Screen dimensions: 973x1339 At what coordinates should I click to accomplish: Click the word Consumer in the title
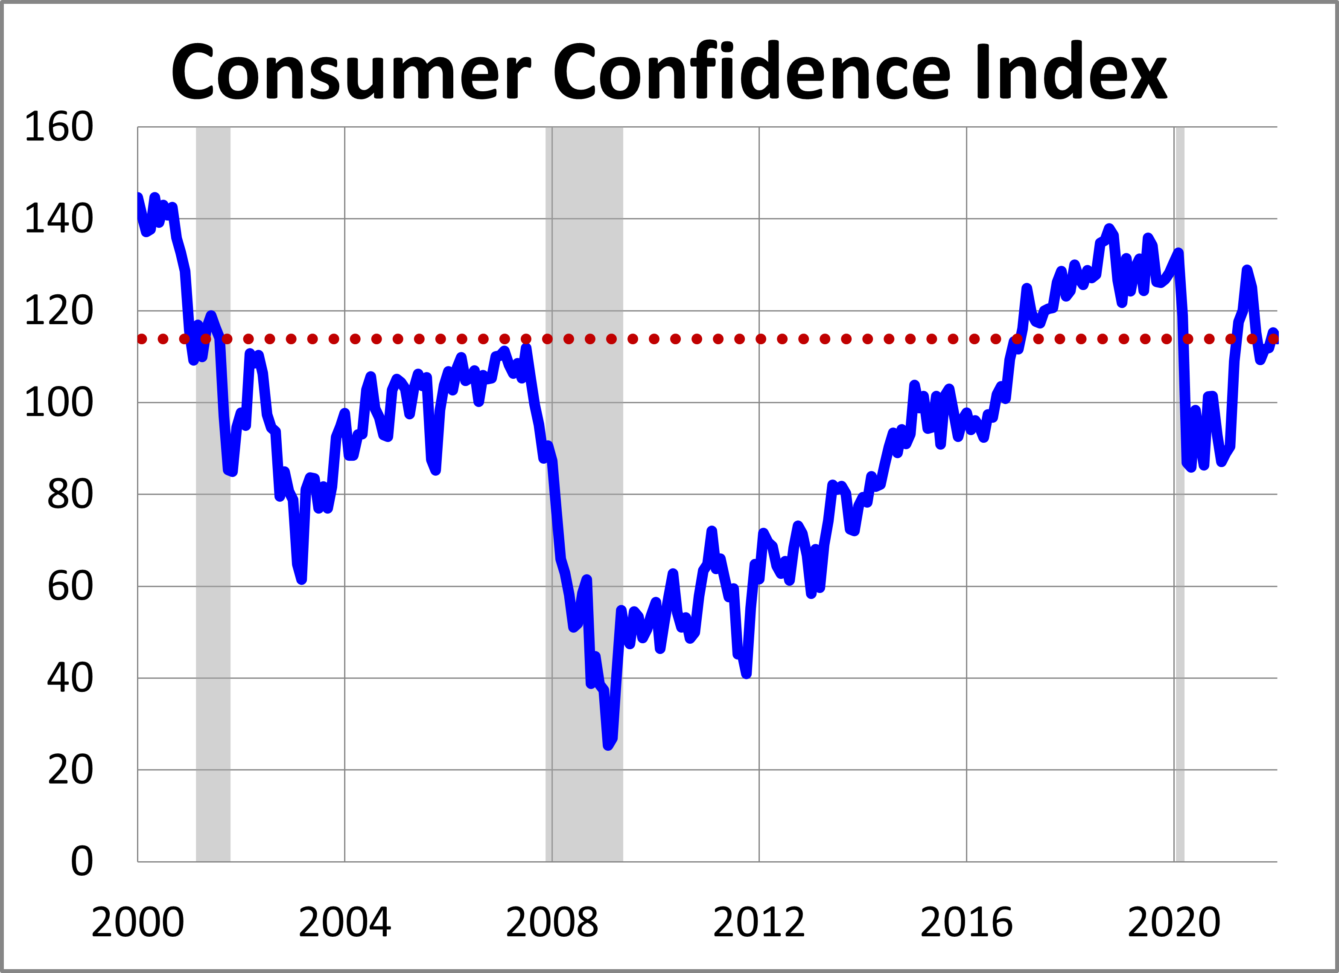click(351, 73)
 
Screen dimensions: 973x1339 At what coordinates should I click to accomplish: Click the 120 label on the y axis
click(58, 311)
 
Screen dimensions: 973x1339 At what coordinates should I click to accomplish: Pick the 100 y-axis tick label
click(58, 403)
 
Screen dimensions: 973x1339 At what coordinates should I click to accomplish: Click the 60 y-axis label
click(70, 587)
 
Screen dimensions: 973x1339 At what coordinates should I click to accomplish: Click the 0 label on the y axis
click(82, 862)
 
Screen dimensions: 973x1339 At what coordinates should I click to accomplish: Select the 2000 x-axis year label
click(137, 922)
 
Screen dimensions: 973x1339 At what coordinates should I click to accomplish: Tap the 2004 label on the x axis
click(345, 922)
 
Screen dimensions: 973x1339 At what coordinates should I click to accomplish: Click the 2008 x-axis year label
click(552, 922)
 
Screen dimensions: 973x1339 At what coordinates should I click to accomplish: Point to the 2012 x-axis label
click(759, 922)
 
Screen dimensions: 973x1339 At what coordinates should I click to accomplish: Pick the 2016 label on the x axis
click(966, 922)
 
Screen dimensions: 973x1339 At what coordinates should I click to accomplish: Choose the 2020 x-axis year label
click(1174, 922)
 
